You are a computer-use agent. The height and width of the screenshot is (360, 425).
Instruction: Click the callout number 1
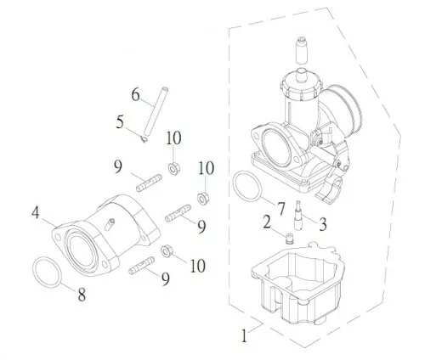click(244, 335)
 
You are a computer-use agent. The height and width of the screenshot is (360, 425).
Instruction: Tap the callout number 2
click(267, 222)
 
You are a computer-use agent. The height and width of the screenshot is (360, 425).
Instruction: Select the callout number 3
click(323, 224)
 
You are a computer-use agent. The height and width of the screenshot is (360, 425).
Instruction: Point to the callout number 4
click(36, 212)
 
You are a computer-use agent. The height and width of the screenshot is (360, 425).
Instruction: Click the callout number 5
click(120, 122)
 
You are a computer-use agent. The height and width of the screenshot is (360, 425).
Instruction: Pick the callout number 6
click(136, 94)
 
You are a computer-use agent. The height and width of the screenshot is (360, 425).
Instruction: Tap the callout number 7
click(280, 209)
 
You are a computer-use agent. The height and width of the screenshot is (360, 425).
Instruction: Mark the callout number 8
click(82, 295)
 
